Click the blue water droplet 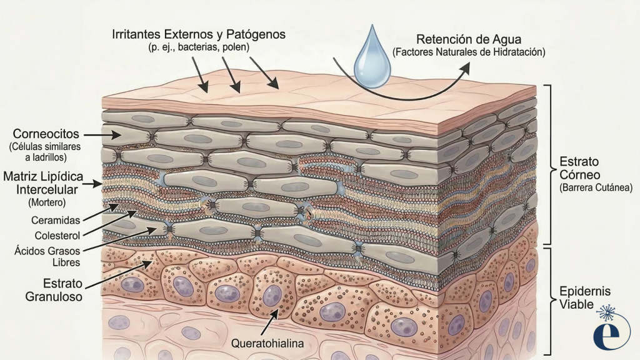[x=372, y=61]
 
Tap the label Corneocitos [x=46, y=134]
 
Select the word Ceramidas [x=56, y=221]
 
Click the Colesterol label [x=57, y=236]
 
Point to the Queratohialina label [x=267, y=344]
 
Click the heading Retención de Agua [x=469, y=39]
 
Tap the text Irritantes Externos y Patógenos [x=199, y=34]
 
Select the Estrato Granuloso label [x=54, y=290]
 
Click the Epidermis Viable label [x=584, y=297]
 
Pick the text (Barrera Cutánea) [x=596, y=187]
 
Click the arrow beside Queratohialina [x=270, y=322]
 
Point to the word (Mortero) [x=47, y=202]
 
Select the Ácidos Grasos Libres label [x=47, y=256]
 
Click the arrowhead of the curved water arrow [x=464, y=69]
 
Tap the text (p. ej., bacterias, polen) [x=199, y=47]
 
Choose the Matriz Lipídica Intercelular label [x=43, y=183]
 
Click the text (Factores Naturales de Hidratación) [x=469, y=52]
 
